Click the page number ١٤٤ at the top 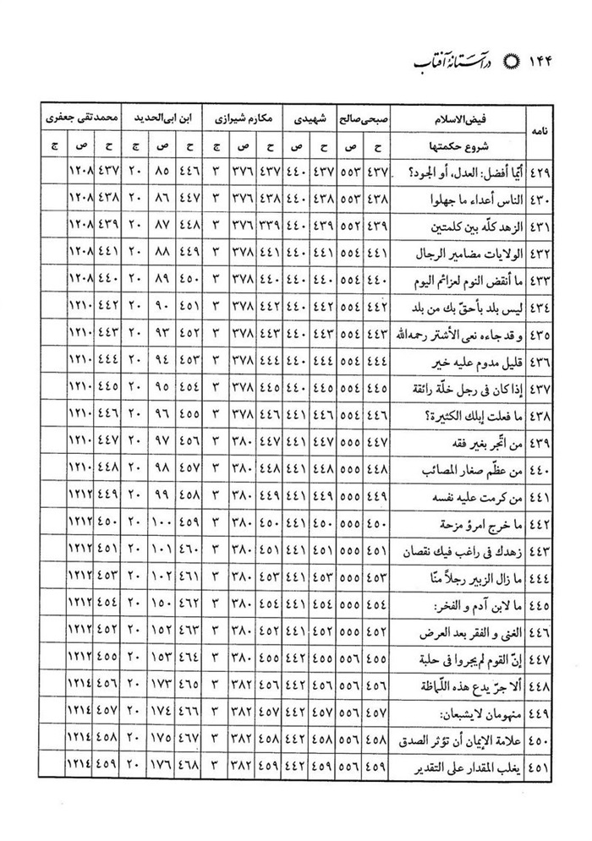click(x=534, y=63)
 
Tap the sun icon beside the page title click(x=486, y=63)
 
